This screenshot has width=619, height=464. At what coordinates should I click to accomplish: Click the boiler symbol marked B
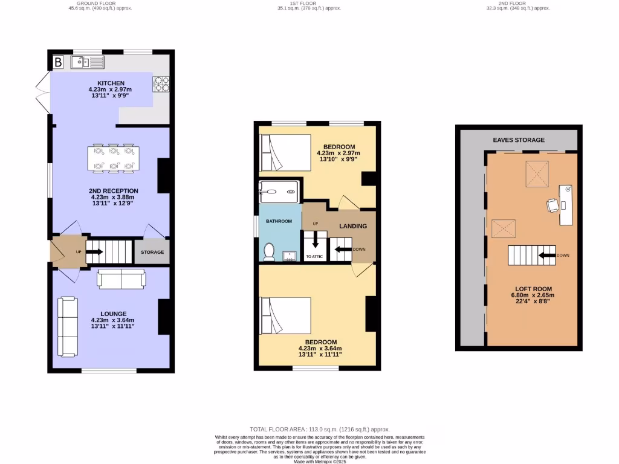(59, 62)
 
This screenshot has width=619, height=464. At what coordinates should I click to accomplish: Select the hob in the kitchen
(161, 84)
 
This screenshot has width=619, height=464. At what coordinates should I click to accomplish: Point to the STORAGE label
(152, 252)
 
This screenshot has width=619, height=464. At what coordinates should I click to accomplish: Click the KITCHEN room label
(111, 83)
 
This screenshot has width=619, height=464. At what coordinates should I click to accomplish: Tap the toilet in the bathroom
(270, 250)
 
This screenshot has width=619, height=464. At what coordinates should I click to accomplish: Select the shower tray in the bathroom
(279, 192)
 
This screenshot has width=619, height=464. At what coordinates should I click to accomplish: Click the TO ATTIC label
(314, 257)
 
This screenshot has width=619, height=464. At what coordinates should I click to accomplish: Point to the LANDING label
(352, 226)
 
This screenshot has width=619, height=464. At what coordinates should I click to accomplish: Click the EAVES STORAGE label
(519, 140)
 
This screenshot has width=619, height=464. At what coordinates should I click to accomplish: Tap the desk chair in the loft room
(553, 205)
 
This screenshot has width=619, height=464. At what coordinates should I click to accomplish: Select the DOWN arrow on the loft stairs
(548, 255)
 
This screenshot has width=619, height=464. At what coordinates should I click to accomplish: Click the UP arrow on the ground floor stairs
(94, 251)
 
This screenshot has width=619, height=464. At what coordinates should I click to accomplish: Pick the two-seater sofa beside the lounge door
(122, 279)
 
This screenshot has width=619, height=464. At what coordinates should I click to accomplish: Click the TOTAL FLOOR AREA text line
(316, 429)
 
